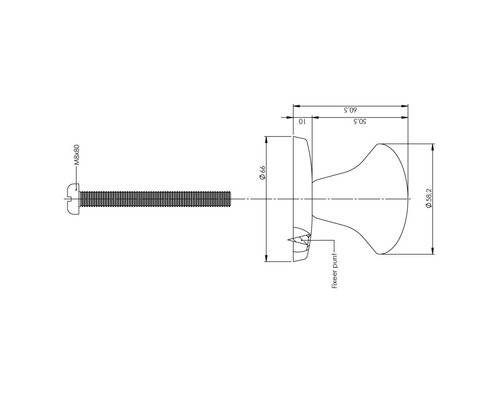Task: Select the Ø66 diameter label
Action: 261,172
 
